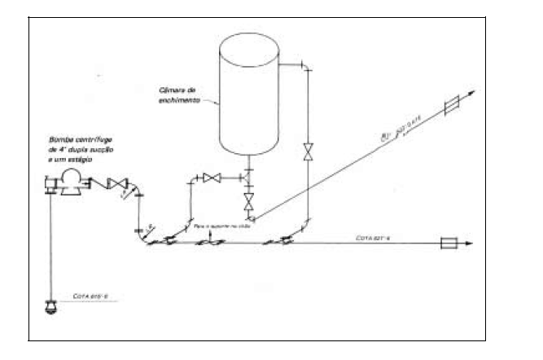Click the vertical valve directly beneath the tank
248,200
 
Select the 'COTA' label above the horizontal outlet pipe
375,236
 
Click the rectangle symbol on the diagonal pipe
452,106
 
